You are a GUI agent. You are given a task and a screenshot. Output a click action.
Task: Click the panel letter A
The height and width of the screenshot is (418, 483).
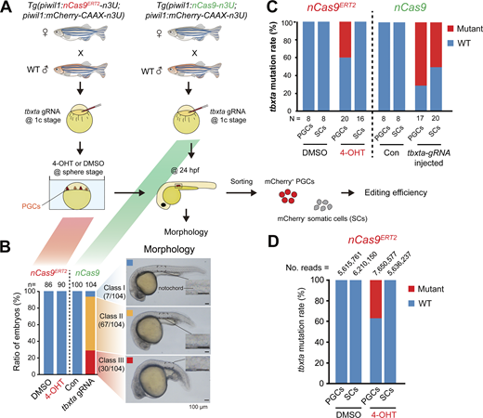click(7, 7)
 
